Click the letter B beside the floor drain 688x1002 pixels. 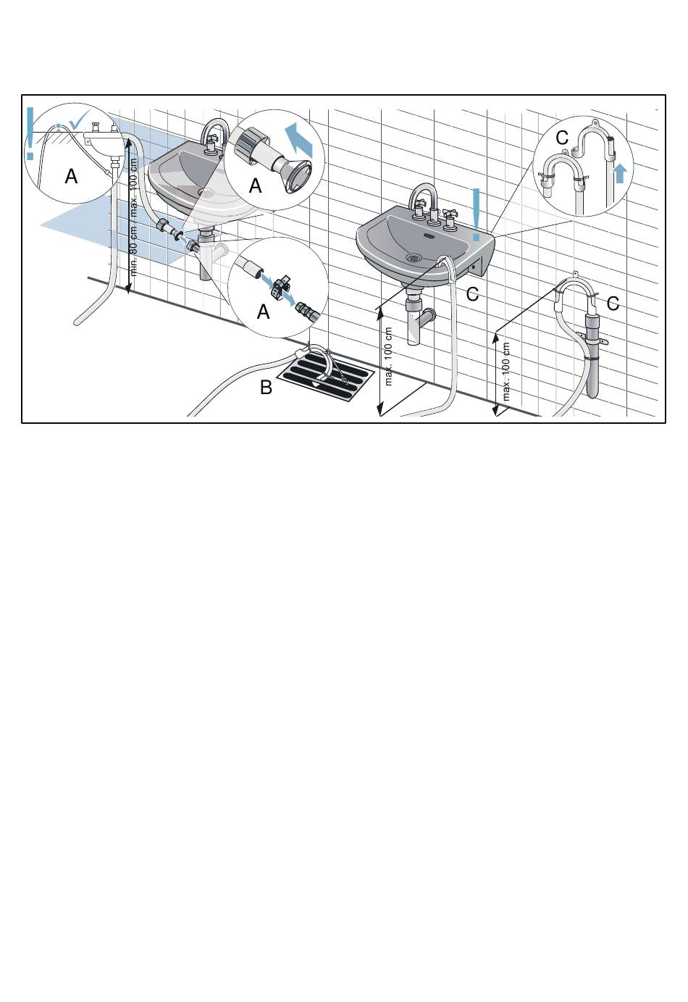(x=266, y=388)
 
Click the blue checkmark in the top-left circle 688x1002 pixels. (x=80, y=119)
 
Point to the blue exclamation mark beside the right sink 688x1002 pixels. (x=476, y=214)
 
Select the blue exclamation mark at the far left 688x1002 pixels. (x=30, y=133)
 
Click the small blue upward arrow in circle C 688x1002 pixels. (x=620, y=173)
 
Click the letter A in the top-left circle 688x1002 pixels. (x=71, y=177)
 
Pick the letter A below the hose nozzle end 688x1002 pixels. (x=255, y=185)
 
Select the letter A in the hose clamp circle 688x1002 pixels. (x=264, y=312)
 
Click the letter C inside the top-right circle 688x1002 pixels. (x=562, y=138)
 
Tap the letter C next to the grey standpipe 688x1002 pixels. (x=613, y=304)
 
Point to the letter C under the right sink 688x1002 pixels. (x=472, y=294)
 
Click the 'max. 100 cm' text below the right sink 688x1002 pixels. (x=388, y=356)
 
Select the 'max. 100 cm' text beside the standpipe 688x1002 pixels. (x=505, y=372)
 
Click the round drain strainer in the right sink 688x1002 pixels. (x=414, y=257)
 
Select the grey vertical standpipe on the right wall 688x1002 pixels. (x=592, y=355)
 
